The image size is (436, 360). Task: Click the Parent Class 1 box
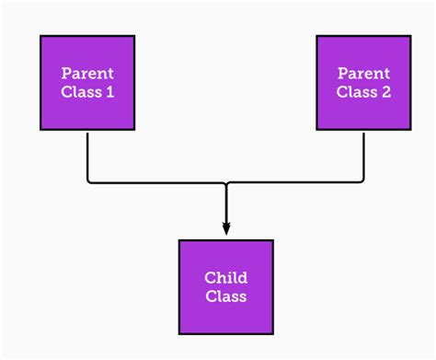coord(87,83)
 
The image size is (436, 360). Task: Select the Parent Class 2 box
coord(363,83)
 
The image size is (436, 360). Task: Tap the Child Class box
coord(225,286)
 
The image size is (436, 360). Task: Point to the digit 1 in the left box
coord(110,92)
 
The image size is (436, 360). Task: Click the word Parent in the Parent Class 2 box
coord(363,73)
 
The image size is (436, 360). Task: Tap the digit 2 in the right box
coord(386,92)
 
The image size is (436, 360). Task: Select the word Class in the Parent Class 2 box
coord(356,92)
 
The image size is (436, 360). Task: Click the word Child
coord(225,277)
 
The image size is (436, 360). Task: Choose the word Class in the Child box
coord(225,296)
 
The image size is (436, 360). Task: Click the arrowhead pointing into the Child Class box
coord(225,230)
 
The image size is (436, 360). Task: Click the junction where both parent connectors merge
coord(225,184)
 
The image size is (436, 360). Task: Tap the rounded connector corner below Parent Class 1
coord(90,181)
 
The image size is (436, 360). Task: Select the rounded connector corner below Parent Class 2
coord(361,181)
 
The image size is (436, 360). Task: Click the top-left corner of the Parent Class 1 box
coord(40,36)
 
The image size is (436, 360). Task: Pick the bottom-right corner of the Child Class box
coord(272,333)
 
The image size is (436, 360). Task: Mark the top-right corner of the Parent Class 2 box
coord(410,36)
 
